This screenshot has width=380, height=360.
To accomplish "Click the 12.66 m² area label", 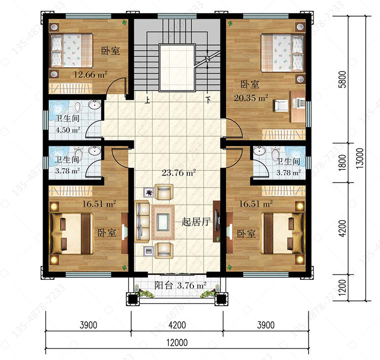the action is [x=90, y=74].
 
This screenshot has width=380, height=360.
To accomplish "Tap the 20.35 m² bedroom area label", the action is [x=251, y=98].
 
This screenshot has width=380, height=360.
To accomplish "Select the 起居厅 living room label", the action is [x=196, y=222].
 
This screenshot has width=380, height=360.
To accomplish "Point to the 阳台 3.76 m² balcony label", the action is [x=180, y=285].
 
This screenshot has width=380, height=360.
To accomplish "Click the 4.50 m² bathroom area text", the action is [x=68, y=130].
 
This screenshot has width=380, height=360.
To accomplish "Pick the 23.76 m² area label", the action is [x=179, y=173].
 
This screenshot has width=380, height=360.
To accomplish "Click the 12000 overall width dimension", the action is [x=177, y=343].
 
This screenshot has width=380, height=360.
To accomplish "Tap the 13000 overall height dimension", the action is [x=360, y=158].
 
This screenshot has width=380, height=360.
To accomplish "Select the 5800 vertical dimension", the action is [x=343, y=79].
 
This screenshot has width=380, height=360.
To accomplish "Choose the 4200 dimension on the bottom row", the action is [x=177, y=325].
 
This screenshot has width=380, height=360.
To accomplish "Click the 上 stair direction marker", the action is [x=147, y=100].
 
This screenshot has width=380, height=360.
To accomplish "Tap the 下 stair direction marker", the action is [x=208, y=100].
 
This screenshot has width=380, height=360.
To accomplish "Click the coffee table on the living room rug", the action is [x=163, y=222].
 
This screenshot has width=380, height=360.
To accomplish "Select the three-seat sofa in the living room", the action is [x=142, y=222].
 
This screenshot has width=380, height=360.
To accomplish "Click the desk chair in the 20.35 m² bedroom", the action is [x=281, y=106].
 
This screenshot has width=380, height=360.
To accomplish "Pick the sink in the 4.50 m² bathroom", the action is [x=95, y=105].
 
